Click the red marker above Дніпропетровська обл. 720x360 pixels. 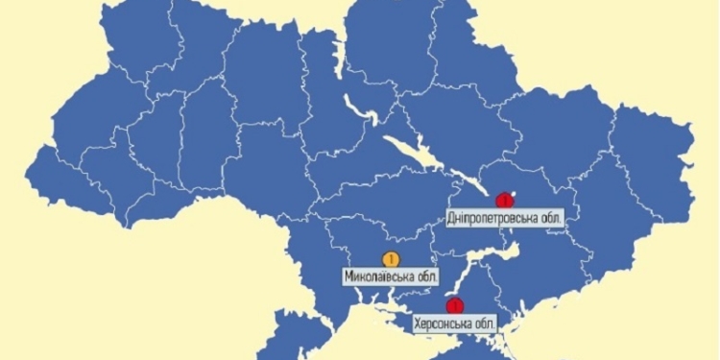502,201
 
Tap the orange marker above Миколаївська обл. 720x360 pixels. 390,258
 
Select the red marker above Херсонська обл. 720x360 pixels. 455,306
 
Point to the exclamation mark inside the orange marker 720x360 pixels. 390,258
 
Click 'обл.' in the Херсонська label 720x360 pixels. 484,324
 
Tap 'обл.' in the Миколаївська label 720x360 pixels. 425,276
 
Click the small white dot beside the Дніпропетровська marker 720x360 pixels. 515,196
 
